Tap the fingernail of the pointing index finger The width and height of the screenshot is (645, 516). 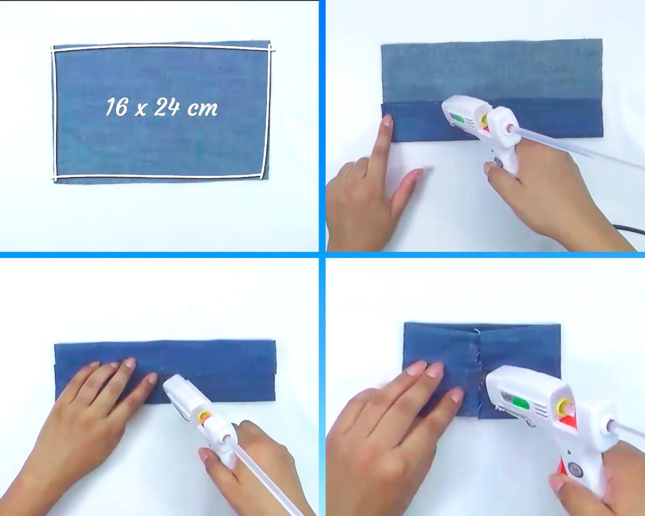(x=387, y=121)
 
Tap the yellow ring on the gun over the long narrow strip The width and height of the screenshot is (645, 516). (x=205, y=416)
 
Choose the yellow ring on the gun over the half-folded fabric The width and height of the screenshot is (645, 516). (x=483, y=120)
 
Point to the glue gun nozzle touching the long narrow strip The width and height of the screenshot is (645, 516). (x=165, y=380)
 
